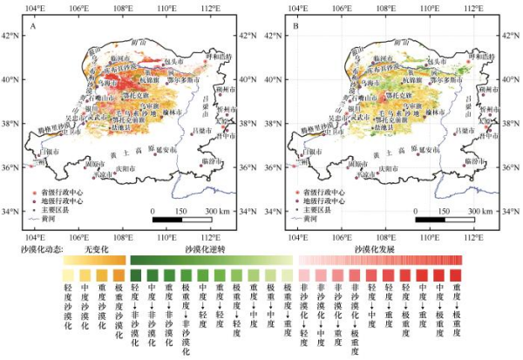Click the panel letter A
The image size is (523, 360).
point(32,29)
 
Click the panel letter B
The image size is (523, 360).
point(295,29)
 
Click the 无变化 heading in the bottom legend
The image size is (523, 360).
point(93,249)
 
